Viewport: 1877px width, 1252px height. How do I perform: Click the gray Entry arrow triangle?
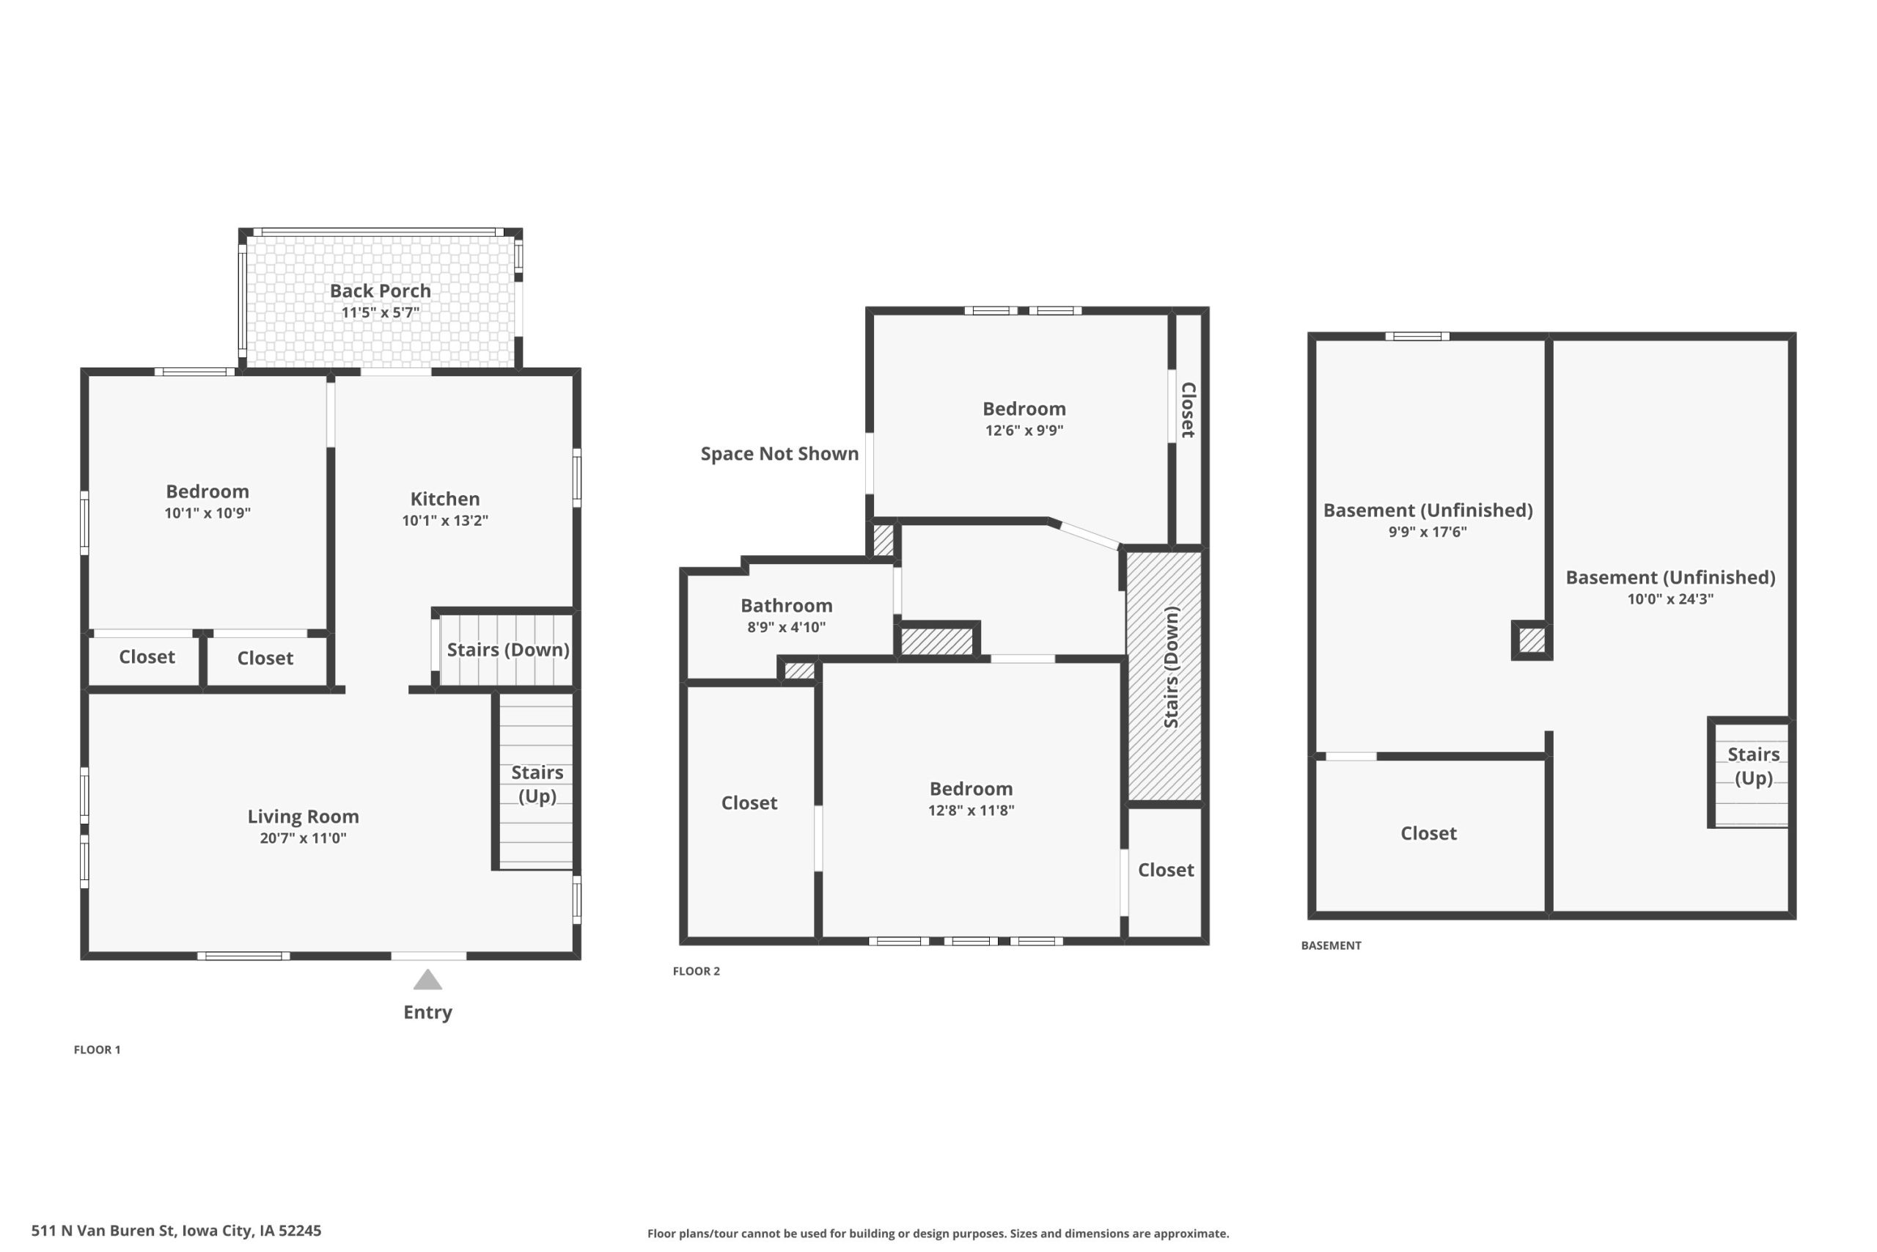[427, 980]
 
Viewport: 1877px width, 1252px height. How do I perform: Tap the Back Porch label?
[380, 290]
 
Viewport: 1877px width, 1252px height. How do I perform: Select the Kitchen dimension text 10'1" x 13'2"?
[444, 521]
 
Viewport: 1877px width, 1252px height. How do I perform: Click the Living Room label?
[304, 817]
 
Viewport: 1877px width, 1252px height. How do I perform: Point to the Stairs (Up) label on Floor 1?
[537, 784]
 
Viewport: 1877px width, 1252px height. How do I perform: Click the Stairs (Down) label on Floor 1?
[507, 650]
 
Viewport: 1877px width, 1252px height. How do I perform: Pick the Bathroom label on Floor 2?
[786, 606]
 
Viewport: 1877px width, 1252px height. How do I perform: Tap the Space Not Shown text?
[779, 453]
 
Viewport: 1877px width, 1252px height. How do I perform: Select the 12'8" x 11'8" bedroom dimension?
[971, 810]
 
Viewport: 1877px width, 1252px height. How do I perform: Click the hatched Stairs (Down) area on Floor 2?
[1164, 676]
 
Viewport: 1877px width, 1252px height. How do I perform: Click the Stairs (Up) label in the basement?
[1753, 766]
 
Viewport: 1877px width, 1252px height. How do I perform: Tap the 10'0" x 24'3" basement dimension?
[1670, 598]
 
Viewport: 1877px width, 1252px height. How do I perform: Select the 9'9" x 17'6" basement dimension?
[1428, 532]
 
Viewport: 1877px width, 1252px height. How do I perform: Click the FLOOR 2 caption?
[696, 971]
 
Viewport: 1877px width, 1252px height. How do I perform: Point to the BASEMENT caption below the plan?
[1331, 945]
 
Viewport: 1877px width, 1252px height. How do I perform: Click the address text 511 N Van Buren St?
[102, 1231]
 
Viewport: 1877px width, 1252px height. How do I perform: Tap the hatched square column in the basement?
[1532, 640]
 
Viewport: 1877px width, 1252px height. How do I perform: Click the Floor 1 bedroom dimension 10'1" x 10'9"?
[207, 513]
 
